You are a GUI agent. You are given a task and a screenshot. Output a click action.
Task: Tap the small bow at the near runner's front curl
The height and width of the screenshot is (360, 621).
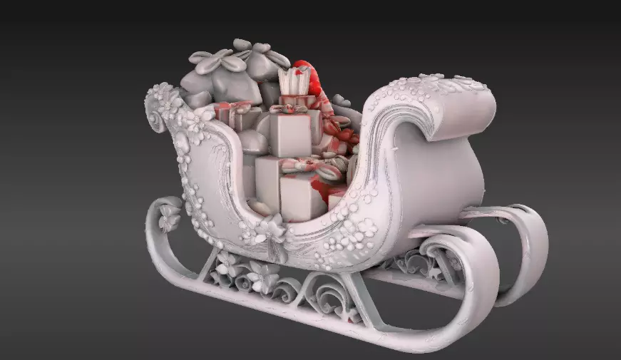point(169,217)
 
